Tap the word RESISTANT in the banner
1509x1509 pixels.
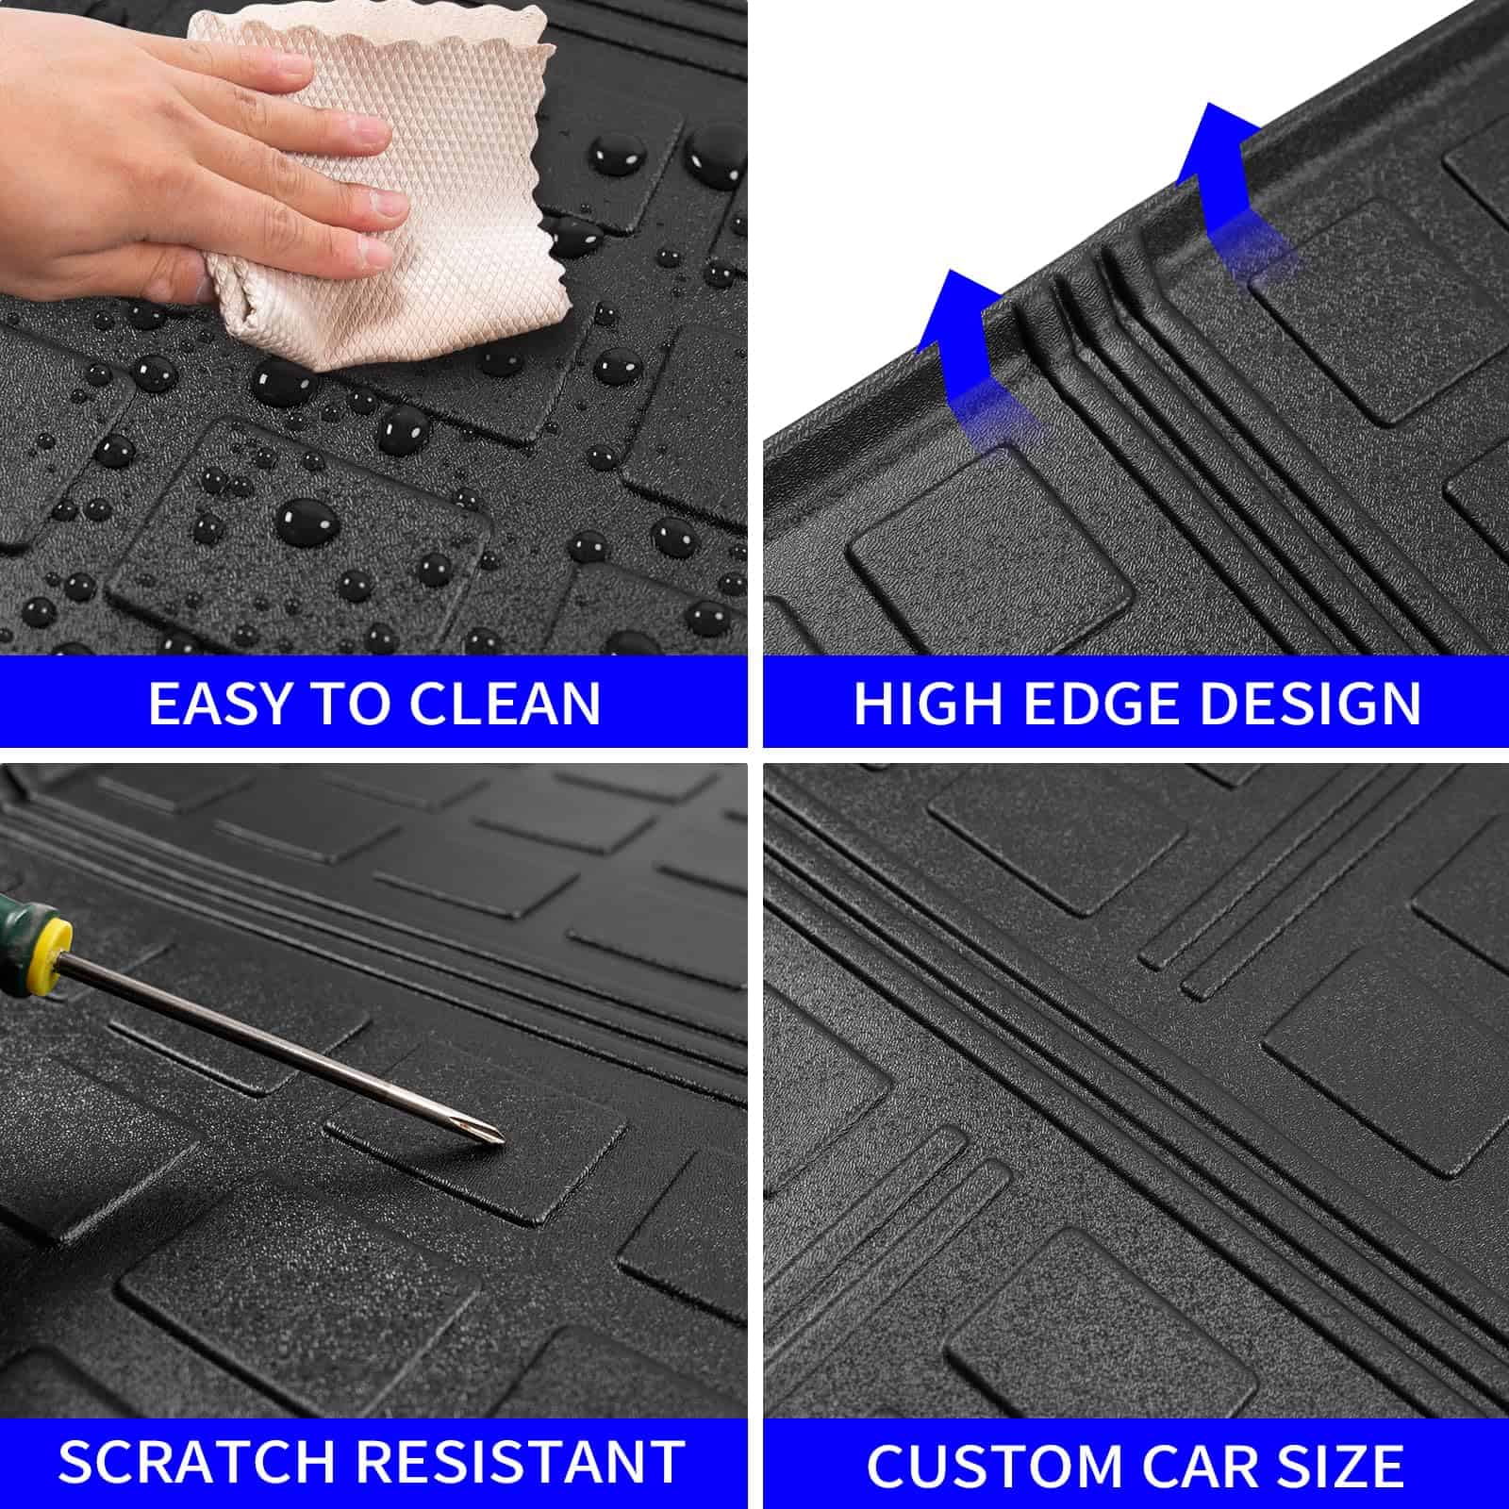tap(522, 1463)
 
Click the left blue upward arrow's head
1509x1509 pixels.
tap(956, 311)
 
